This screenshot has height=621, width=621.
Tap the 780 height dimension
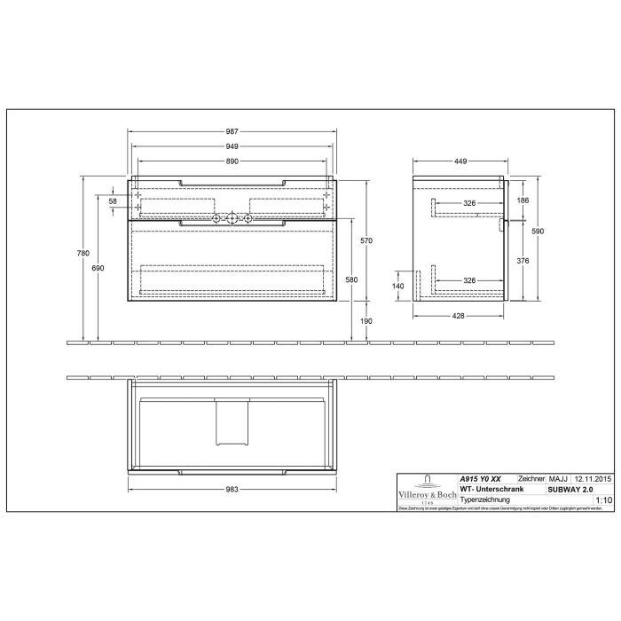(83, 254)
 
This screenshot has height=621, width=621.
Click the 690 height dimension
(98, 268)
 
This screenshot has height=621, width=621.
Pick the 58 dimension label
(113, 202)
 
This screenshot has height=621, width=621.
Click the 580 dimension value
(352, 280)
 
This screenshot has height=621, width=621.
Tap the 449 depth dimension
(461, 161)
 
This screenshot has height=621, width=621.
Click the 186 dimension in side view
(523, 201)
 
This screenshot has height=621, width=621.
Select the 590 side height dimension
(537, 231)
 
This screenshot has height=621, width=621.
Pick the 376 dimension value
(523, 261)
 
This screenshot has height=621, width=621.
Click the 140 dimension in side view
(398, 286)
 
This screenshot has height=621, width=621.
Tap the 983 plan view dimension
(232, 490)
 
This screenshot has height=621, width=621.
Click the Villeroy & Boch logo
(426, 491)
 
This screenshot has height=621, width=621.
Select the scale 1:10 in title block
(603, 500)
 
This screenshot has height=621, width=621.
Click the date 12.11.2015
(592, 478)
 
